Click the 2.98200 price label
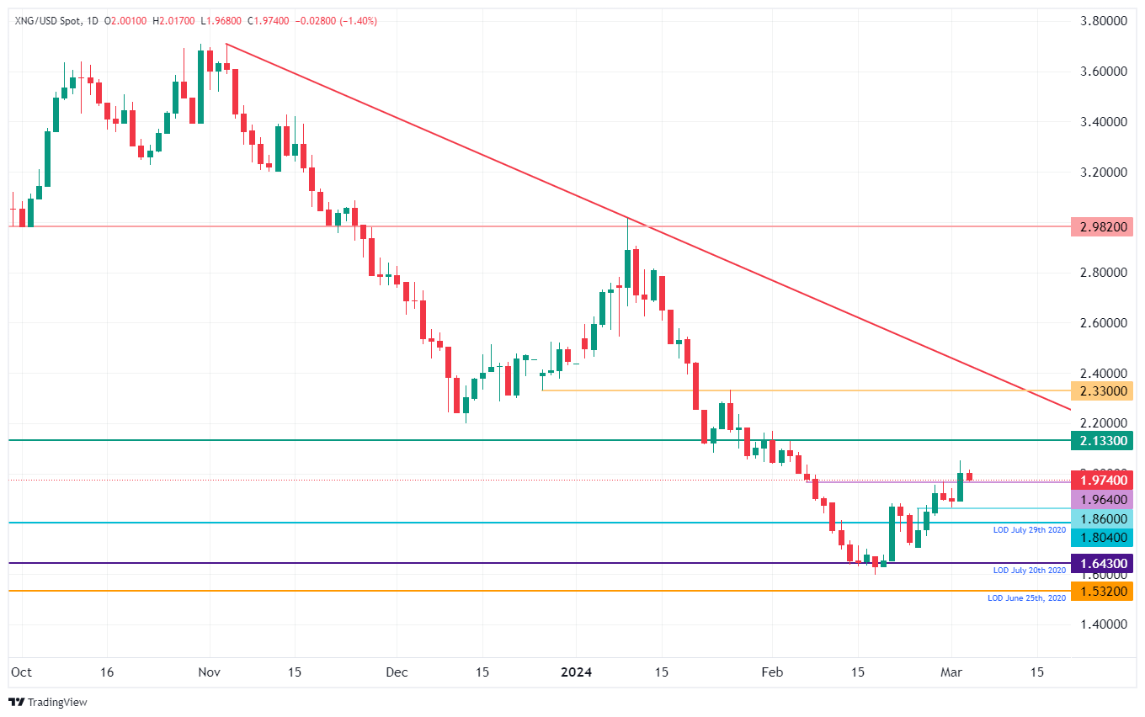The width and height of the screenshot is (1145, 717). (x=1102, y=226)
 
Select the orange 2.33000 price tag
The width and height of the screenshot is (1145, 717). (x=1102, y=390)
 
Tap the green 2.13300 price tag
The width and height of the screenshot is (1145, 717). (x=1102, y=440)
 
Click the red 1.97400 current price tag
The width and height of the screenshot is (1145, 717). (x=1102, y=480)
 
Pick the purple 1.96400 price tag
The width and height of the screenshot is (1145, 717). (x=1102, y=499)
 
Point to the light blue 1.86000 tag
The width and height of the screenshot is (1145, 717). (x=1102, y=519)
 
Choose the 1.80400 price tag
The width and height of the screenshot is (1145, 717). (x=1102, y=537)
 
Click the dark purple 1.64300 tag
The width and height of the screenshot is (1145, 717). (x=1102, y=563)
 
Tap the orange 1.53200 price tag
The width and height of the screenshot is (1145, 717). (x=1102, y=591)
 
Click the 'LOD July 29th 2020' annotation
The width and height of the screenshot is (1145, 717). (x=1029, y=530)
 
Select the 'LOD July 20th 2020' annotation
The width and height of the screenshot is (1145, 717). (x=1029, y=571)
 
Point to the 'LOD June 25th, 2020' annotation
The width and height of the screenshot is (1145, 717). (x=1026, y=597)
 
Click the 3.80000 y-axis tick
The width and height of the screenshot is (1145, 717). (x=1102, y=21)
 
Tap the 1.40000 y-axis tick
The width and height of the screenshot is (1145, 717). (x=1102, y=624)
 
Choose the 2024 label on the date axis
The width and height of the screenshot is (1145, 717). (x=577, y=672)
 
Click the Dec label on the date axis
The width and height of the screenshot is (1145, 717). (x=397, y=672)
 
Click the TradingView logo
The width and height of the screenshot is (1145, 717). (x=48, y=702)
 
